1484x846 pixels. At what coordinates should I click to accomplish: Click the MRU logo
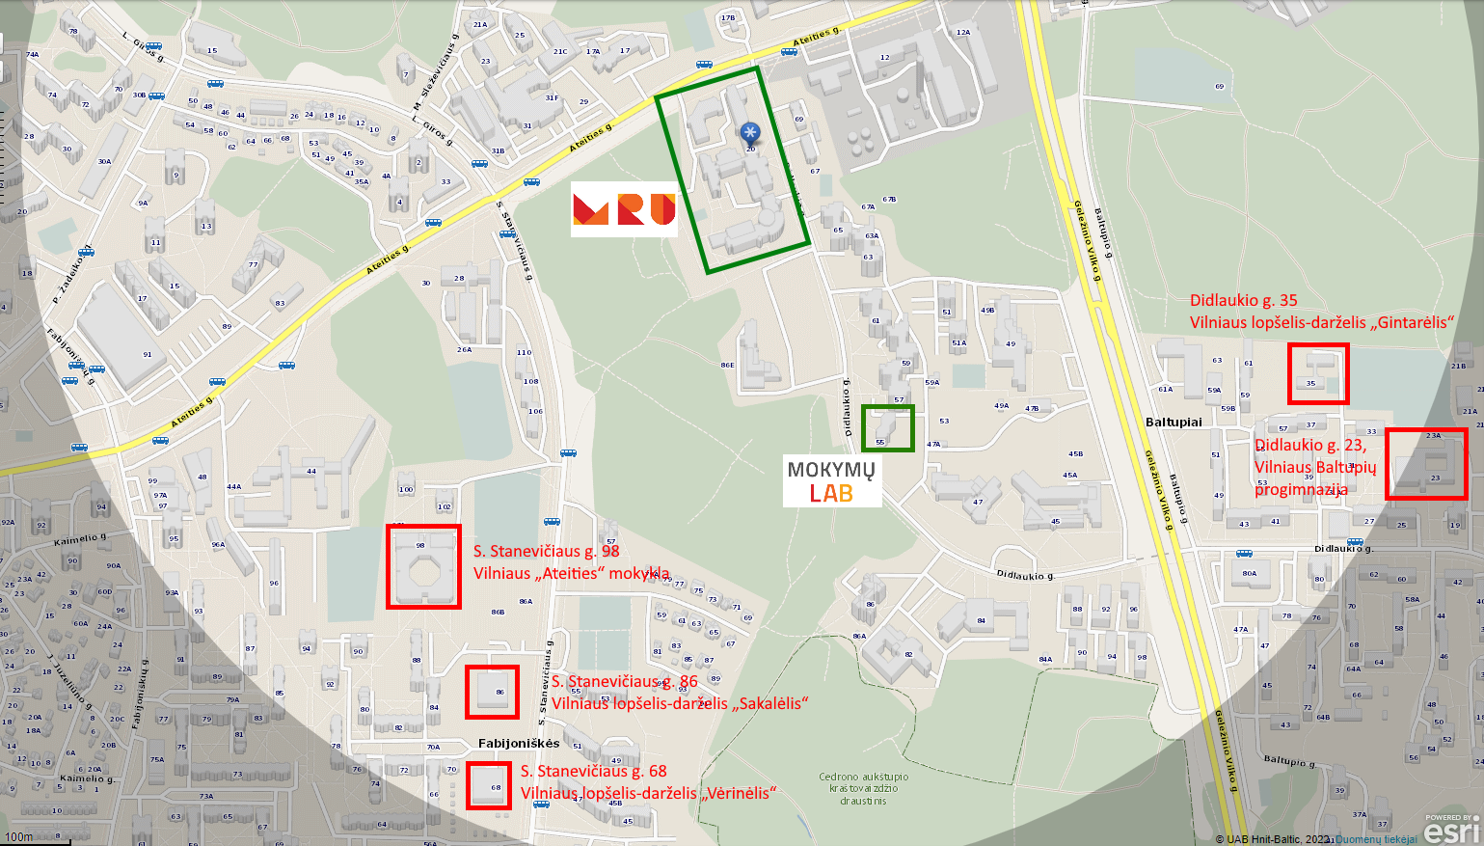(x=624, y=209)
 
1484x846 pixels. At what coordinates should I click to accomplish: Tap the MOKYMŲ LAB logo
(x=831, y=481)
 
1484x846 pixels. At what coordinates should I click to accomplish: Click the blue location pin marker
(x=750, y=134)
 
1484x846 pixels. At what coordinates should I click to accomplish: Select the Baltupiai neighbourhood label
(x=1174, y=423)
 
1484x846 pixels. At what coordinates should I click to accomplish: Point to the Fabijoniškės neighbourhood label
(x=519, y=744)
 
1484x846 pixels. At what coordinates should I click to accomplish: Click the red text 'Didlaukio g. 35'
(x=1243, y=301)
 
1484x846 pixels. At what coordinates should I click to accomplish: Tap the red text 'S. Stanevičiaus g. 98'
(x=546, y=552)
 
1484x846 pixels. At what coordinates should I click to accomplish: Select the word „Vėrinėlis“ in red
(x=739, y=793)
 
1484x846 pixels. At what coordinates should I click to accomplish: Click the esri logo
(x=1450, y=831)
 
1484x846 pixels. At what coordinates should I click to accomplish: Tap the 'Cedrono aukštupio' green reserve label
(x=863, y=777)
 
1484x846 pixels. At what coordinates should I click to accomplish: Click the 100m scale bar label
(x=19, y=836)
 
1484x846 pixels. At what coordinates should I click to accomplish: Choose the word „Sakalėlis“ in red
(x=769, y=703)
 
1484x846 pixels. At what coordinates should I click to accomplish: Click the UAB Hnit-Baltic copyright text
(x=1273, y=839)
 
